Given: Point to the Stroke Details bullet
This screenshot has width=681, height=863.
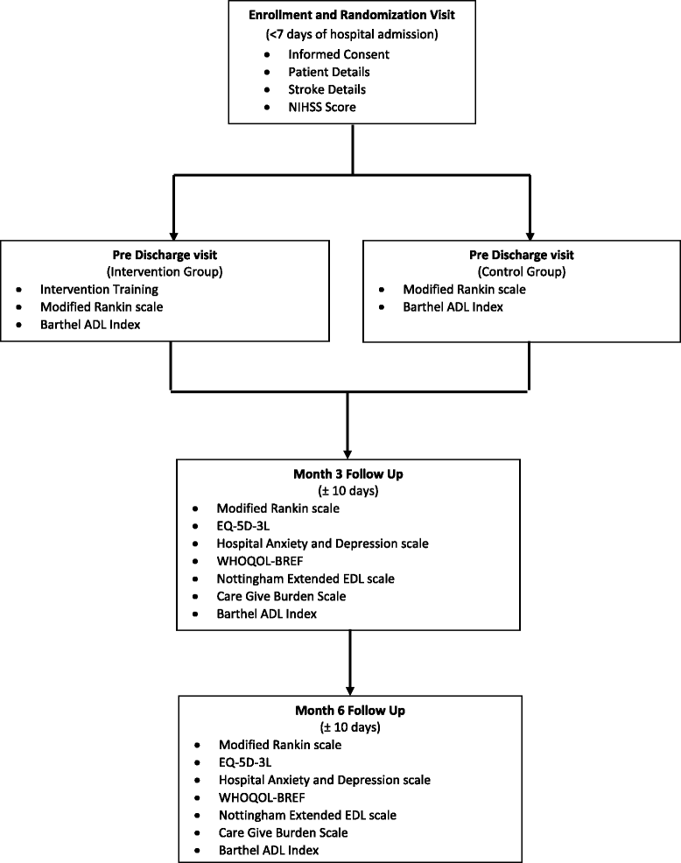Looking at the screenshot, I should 327,89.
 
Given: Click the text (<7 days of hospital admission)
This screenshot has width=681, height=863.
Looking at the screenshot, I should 350,36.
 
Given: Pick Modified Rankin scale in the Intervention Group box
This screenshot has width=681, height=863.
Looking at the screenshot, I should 102,306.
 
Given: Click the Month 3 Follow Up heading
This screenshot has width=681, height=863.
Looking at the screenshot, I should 348,474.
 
